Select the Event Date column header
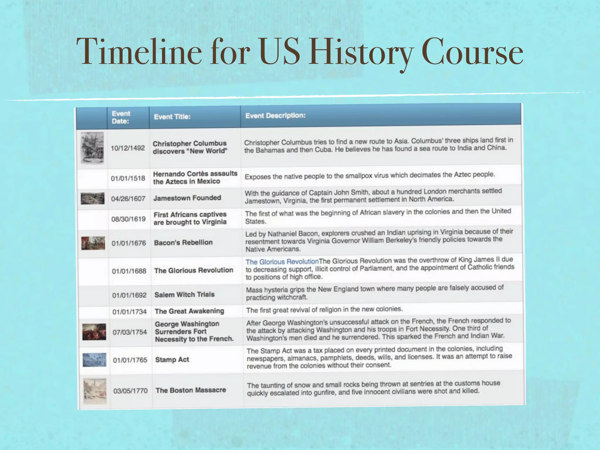[121, 117]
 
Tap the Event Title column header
[172, 117]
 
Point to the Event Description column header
[275, 116]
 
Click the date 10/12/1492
[128, 148]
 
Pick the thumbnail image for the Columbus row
[92, 148]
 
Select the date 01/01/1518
[128, 178]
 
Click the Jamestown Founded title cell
[187, 198]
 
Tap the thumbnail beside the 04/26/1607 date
[93, 198]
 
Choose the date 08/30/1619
[128, 219]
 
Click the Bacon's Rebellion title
[183, 243]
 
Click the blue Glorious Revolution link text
[282, 262]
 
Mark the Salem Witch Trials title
[185, 294]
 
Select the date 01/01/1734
[129, 311]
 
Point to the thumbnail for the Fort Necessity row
[94, 332]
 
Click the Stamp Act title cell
[172, 359]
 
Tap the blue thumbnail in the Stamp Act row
[94, 360]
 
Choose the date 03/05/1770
[130, 391]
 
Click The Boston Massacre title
[191, 390]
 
